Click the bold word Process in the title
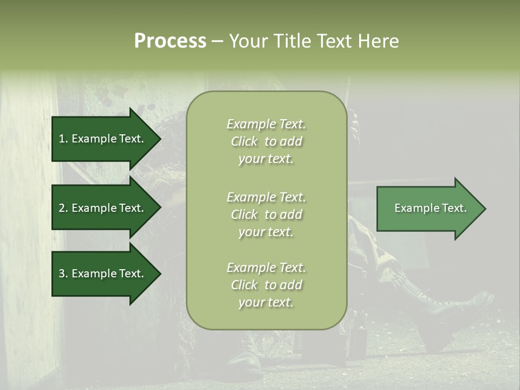click(170, 41)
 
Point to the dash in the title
click(217, 42)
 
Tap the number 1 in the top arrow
click(62, 139)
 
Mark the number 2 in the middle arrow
click(62, 208)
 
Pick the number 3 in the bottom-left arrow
click(62, 274)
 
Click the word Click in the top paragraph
click(244, 141)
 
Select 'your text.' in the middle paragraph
click(266, 232)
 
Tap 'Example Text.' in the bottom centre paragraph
click(266, 268)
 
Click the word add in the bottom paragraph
click(291, 285)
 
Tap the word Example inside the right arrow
click(413, 208)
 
